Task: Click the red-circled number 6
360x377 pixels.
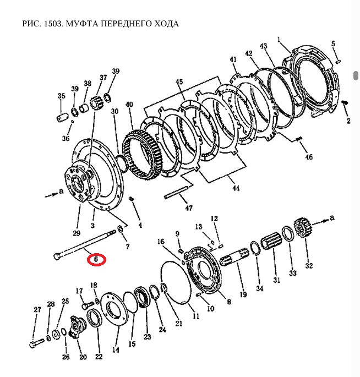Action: tap(96, 258)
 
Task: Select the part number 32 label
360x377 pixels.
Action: tap(309, 265)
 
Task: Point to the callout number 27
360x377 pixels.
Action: tap(37, 310)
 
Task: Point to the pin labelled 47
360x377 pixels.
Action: tap(177, 193)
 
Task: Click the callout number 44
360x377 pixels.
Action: tap(236, 188)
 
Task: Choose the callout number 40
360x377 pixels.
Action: tap(129, 105)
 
